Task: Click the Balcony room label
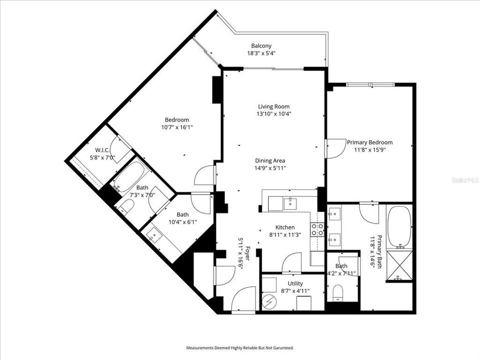[261, 46]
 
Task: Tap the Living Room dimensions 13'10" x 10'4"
[273, 114]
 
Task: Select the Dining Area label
[270, 160]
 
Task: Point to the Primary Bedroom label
[369, 142]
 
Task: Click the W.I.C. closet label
[102, 150]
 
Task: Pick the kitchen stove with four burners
[317, 229]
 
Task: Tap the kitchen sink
[289, 203]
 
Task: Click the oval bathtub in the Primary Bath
[399, 227]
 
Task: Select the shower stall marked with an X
[399, 265]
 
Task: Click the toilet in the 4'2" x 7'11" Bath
[338, 292]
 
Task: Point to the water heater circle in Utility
[268, 302]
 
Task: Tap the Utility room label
[295, 283]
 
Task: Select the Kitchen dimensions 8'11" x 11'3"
[285, 235]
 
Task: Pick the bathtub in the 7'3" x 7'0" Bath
[130, 177]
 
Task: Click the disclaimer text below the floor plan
[240, 348]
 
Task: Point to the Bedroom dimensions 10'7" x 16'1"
[177, 127]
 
